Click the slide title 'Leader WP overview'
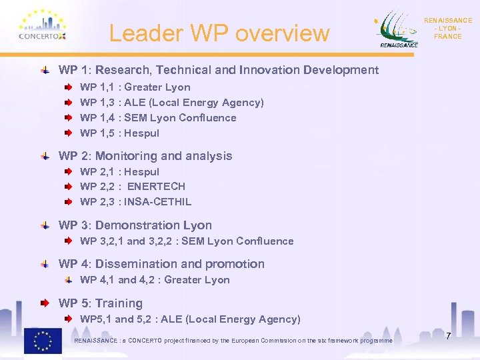(x=219, y=33)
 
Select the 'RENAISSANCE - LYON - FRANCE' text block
(x=447, y=29)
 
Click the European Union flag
(x=43, y=341)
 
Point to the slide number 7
(x=449, y=335)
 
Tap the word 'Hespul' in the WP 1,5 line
(x=142, y=133)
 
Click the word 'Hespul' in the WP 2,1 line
(x=142, y=172)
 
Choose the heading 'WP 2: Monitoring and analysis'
(x=145, y=156)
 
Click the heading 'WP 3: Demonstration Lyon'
(x=135, y=225)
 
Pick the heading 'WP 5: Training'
(x=101, y=303)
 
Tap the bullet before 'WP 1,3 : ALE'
(x=69, y=103)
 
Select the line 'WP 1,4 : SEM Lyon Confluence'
(x=158, y=118)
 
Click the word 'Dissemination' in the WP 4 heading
(x=133, y=264)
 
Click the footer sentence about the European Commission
(x=233, y=341)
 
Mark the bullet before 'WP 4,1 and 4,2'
(x=69, y=280)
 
